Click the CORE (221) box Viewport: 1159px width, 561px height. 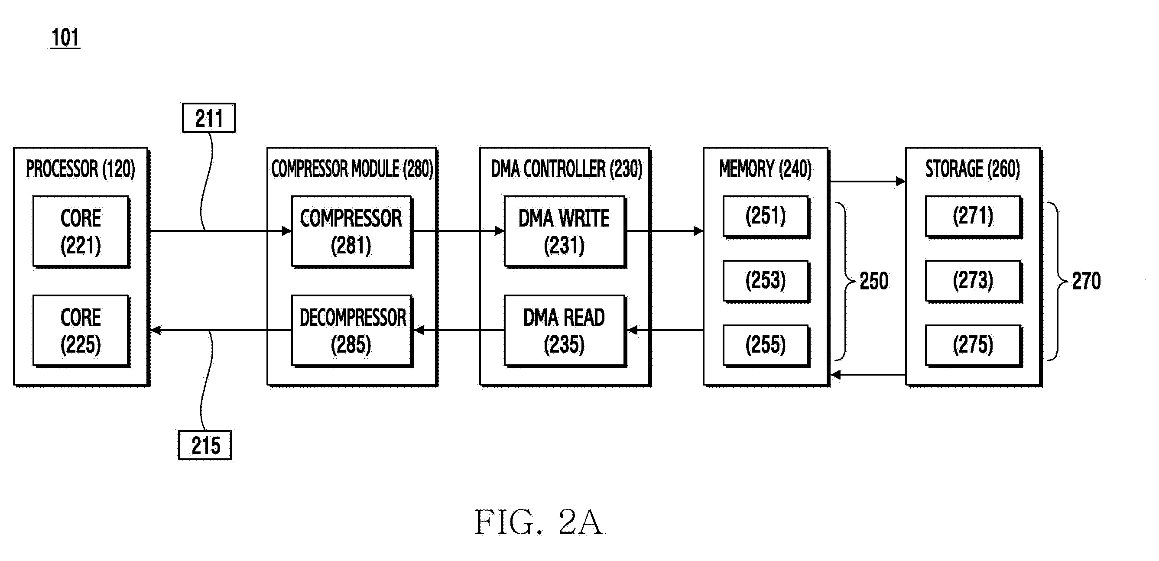tap(81, 232)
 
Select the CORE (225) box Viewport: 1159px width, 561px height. tap(81, 331)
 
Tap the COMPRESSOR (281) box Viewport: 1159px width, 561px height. tap(352, 232)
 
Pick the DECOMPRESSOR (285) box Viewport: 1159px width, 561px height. tap(352, 331)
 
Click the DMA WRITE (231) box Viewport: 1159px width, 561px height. tap(565, 232)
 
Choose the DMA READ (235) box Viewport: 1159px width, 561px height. tap(565, 331)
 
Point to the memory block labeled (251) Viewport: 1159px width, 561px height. tap(766, 217)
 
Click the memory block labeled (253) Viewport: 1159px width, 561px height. tap(766, 281)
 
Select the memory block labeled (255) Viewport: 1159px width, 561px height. tap(766, 346)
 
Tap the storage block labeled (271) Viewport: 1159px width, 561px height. tap(974, 217)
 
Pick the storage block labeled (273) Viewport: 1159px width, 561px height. tap(974, 281)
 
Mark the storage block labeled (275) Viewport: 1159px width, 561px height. tap(974, 346)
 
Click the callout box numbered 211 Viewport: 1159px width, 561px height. tap(209, 118)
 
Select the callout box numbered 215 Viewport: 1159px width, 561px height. tap(205, 445)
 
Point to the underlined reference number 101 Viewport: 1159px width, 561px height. tap(65, 37)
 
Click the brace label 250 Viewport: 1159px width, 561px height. tap(874, 281)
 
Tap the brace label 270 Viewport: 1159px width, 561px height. tap(1087, 281)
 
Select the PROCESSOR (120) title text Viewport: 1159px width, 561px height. tap(81, 169)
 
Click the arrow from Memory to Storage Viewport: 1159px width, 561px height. tap(867, 182)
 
